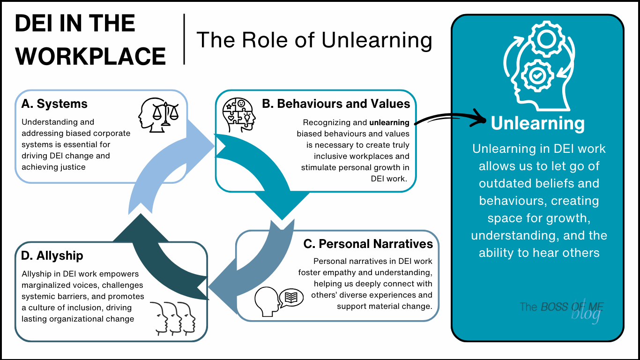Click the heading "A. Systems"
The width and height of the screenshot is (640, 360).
(54, 104)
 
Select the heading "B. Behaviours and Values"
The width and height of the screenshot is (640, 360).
(336, 104)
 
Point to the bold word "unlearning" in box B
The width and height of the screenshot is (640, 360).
(389, 123)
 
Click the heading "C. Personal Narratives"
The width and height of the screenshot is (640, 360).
(368, 244)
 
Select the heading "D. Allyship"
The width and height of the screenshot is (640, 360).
(52, 255)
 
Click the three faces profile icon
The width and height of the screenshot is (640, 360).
(172, 317)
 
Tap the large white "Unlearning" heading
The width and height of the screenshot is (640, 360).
(537, 124)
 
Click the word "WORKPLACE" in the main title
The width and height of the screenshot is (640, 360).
(90, 56)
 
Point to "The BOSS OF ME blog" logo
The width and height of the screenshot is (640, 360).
(562, 310)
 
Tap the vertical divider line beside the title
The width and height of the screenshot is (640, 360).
(184, 39)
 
